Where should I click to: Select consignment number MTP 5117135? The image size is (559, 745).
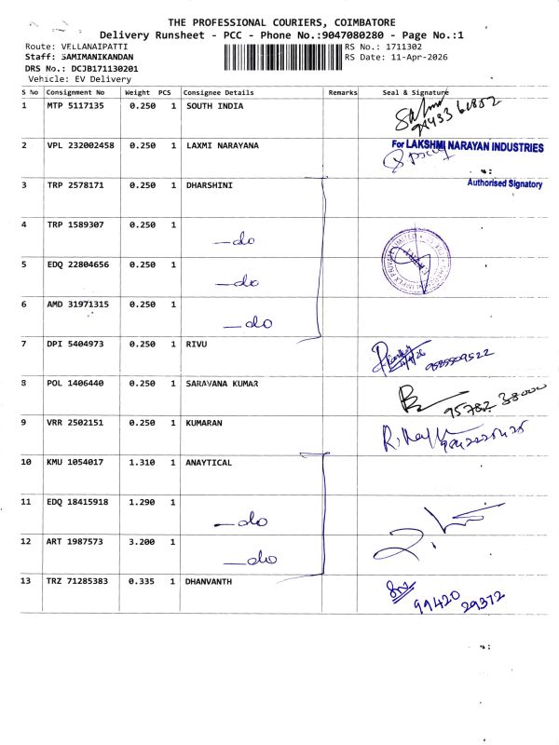tap(76, 106)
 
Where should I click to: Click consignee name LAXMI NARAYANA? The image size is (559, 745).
tap(223, 146)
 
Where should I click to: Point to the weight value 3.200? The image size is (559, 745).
tap(142, 542)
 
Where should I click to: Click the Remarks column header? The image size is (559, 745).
tap(342, 93)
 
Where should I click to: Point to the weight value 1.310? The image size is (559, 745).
tap(142, 463)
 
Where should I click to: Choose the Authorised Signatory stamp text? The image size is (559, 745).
tap(504, 184)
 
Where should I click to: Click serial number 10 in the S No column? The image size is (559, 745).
tap(27, 463)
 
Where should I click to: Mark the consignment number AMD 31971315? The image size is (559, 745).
tap(78, 305)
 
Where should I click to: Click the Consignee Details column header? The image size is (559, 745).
tap(218, 93)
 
